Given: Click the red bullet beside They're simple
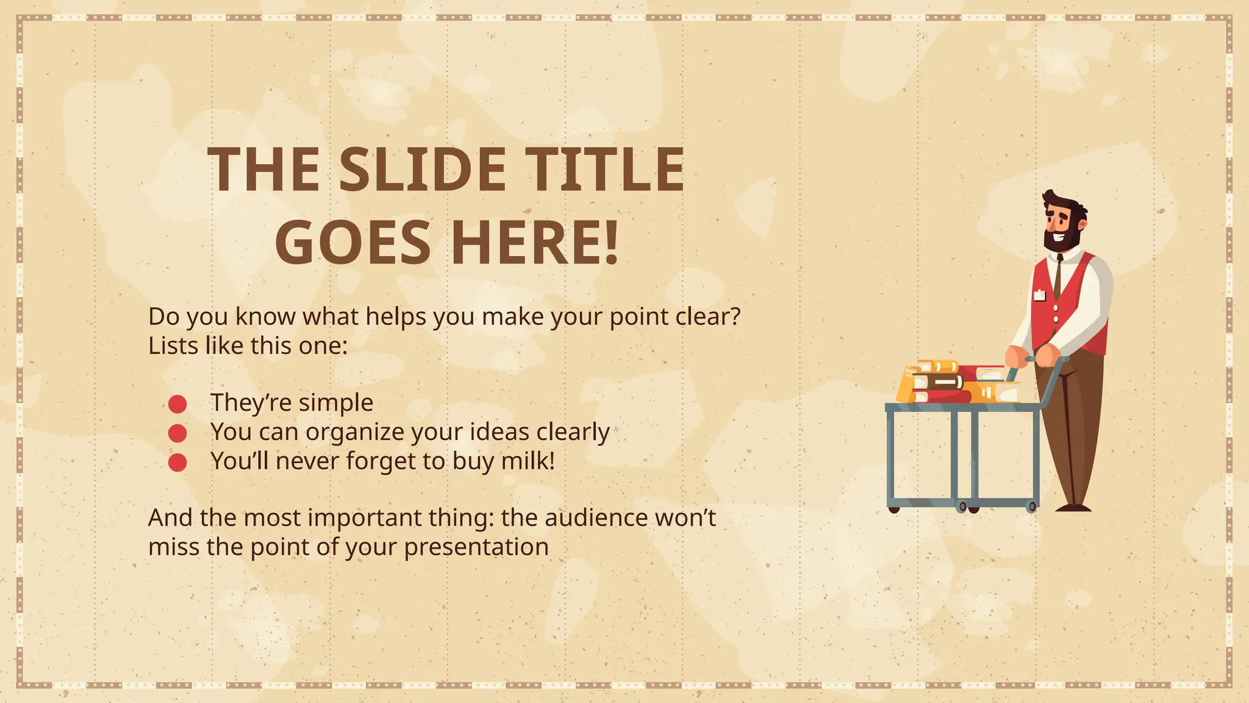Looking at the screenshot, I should coord(177,404).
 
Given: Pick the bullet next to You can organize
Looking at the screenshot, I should coord(177,433).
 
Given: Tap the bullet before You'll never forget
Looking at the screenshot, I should coord(177,463).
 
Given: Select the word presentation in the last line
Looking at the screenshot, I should coord(476,547).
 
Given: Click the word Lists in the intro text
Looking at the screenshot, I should coord(173,346).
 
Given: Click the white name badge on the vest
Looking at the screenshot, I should coord(1039,296).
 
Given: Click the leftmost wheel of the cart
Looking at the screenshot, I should coord(894,509).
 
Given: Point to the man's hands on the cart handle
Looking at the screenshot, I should coord(1031,355).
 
